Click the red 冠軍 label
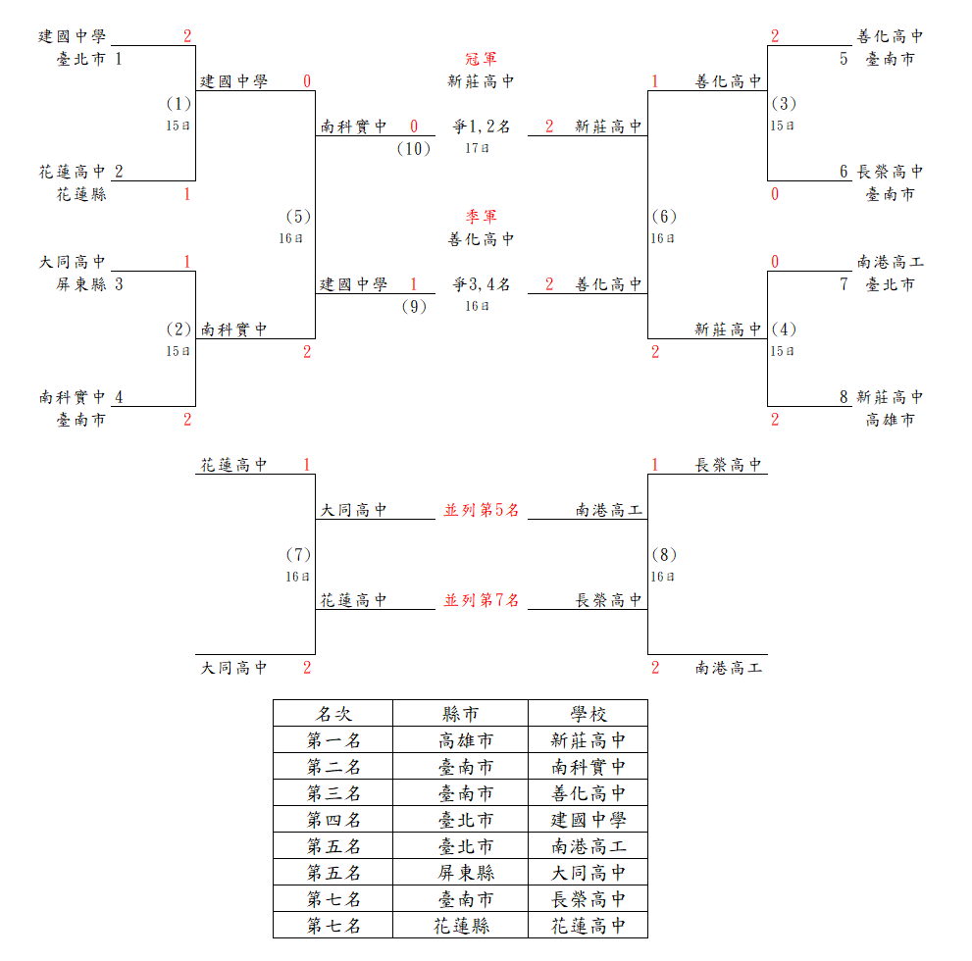click(x=481, y=59)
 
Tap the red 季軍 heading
click(x=481, y=217)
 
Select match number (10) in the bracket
click(x=414, y=149)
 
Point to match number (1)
click(x=179, y=104)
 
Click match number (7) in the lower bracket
click(x=298, y=555)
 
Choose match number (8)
click(x=664, y=555)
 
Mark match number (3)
click(x=784, y=104)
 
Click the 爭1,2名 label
click(x=481, y=126)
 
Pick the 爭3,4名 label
click(x=481, y=284)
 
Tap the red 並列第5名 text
click(x=481, y=510)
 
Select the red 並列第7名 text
click(x=481, y=600)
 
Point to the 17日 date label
click(x=477, y=148)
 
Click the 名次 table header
click(x=333, y=714)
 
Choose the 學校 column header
click(x=588, y=714)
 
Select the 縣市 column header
click(x=461, y=714)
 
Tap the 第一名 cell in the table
click(x=333, y=740)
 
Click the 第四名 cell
click(x=333, y=820)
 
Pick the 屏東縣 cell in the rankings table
click(x=466, y=873)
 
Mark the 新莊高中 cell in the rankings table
click(x=588, y=740)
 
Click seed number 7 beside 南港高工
click(x=844, y=284)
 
